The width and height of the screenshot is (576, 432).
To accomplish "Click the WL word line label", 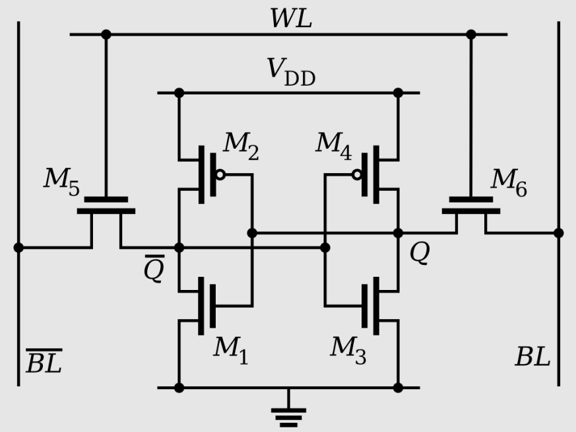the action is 291,18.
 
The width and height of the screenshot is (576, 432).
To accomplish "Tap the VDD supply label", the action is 291,72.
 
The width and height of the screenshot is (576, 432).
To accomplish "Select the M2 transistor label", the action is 241,145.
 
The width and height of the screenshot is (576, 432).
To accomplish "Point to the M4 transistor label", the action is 334,145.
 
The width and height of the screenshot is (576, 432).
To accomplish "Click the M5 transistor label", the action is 62,182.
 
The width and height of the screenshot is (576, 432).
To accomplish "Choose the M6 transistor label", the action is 509,182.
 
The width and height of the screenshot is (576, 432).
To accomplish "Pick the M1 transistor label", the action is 231,350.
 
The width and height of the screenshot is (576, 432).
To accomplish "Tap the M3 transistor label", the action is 348,350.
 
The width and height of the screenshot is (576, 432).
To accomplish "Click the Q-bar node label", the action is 154,268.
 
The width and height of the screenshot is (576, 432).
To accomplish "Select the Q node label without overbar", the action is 420,252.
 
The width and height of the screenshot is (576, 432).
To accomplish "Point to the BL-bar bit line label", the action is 44,361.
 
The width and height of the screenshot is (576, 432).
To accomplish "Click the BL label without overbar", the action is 532,357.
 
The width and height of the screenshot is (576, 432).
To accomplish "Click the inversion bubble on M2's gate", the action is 220,174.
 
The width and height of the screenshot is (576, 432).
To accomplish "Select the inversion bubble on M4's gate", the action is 357,174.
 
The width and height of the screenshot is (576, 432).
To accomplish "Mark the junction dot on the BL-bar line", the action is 18,248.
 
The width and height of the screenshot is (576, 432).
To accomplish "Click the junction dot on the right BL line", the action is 558,233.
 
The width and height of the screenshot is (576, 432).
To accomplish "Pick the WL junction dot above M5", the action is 106,34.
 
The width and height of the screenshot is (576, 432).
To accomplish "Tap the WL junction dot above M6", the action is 471,34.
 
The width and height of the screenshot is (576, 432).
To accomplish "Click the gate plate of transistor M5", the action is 106,199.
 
